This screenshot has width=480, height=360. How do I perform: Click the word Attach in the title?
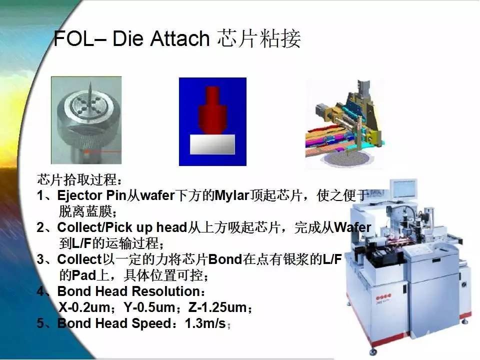pos(179,38)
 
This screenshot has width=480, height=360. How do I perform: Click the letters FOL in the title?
pos(74,38)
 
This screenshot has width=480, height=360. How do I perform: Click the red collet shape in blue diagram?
pos(213,110)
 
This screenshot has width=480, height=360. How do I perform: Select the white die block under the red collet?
pos(212,144)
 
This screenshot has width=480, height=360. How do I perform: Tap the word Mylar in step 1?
pos(232,195)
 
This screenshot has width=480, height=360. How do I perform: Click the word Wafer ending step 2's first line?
pos(352,227)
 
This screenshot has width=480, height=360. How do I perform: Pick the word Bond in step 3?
pos(225,259)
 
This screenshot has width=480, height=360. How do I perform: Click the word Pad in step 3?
pos(84,275)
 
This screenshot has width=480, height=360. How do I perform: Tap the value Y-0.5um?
pos(149,307)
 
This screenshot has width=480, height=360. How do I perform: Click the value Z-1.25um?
pos(217,307)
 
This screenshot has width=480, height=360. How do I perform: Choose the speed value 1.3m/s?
pos(205,323)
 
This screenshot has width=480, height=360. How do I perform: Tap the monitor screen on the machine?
pos(404,188)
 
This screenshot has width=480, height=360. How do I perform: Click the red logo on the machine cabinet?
pos(383,298)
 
